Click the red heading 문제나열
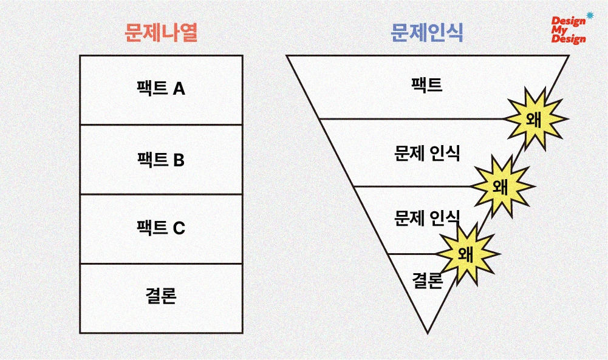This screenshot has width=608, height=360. coord(161,33)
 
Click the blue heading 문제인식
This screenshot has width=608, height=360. coord(427,33)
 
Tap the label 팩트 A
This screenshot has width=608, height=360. coord(161,89)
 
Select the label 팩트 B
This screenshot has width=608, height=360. coord(161,160)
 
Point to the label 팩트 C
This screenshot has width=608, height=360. coord(161,228)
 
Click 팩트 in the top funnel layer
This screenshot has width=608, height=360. coord(427,84)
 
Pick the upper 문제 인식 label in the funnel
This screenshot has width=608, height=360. coord(427,153)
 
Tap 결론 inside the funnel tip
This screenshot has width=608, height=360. coord(427,280)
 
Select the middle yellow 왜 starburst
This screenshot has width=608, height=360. coord(502,186)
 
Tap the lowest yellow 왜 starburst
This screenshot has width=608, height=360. coord(467,253)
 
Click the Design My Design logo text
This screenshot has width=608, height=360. coord(569,30)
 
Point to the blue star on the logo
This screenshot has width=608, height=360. coord(589,15)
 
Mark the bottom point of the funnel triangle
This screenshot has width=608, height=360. coord(428,332)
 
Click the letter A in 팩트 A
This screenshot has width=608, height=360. coord(179,89)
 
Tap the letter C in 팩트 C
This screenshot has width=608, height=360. coord(179,228)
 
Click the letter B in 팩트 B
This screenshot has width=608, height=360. coord(179,160)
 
